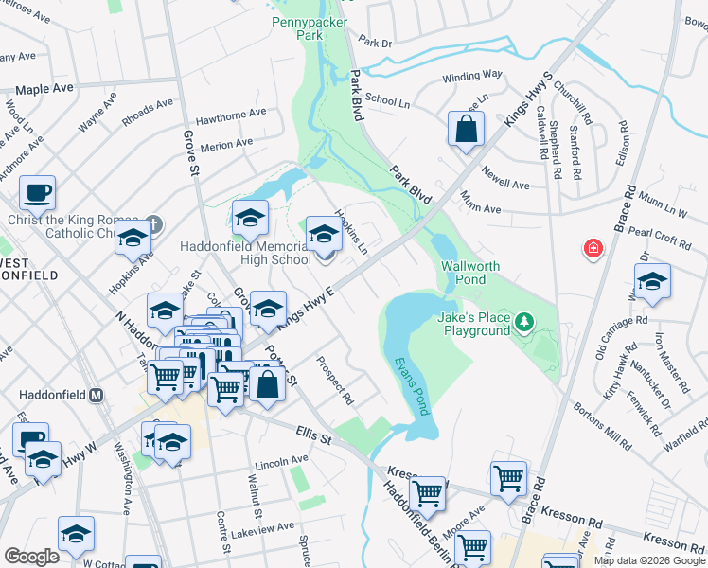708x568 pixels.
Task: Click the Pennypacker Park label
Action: [297, 27]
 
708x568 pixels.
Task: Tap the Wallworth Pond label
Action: [469, 273]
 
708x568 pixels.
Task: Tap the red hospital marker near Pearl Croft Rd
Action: [593, 248]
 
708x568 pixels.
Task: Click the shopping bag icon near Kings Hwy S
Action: [467, 131]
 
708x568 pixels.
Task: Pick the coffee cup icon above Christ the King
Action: [38, 193]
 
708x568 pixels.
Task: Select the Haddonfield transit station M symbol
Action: [96, 395]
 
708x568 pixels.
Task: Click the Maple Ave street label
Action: [44, 89]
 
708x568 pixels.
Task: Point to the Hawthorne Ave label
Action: [231, 115]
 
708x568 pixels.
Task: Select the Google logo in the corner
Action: [31, 557]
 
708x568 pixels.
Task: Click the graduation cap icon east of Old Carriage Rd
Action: [652, 283]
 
